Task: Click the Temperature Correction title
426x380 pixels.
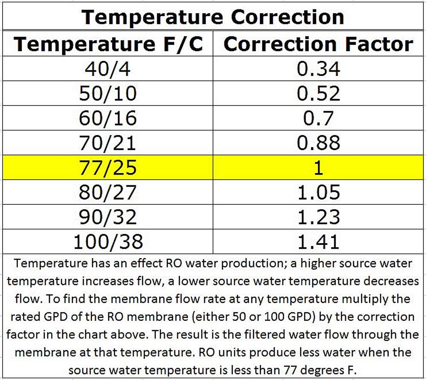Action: click(x=213, y=17)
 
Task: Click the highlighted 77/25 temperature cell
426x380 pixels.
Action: click(x=108, y=168)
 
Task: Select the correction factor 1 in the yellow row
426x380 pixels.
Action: click(x=319, y=168)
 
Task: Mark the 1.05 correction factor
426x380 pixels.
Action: click(x=319, y=193)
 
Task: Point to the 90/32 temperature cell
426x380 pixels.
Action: click(x=108, y=217)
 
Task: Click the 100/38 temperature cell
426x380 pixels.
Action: click(x=108, y=242)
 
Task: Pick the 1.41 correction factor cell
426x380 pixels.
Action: click(x=319, y=242)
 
